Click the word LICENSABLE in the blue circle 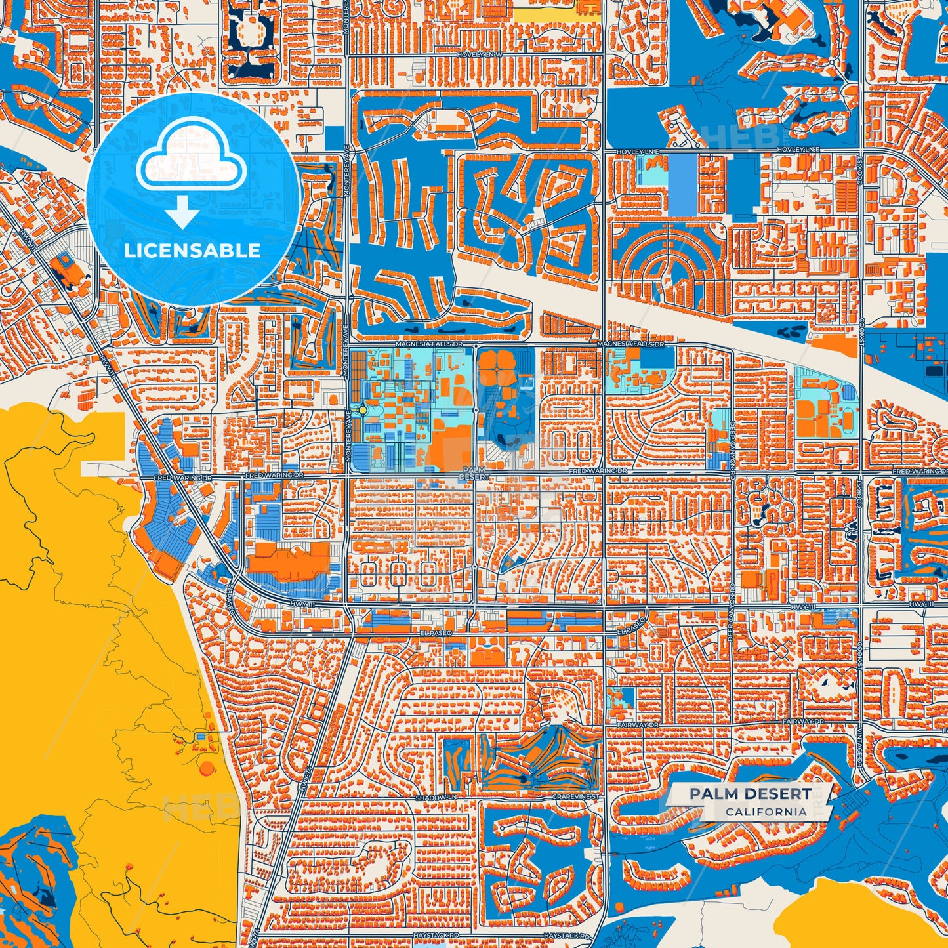pyautogui.click(x=193, y=251)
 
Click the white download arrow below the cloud pyautogui.click(x=182, y=213)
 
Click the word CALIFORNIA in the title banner pyautogui.click(x=766, y=812)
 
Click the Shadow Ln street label pyautogui.click(x=436, y=798)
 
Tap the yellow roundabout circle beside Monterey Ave pyautogui.click(x=363, y=409)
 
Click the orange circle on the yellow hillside pyautogui.click(x=207, y=768)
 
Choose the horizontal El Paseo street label pyautogui.click(x=433, y=634)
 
